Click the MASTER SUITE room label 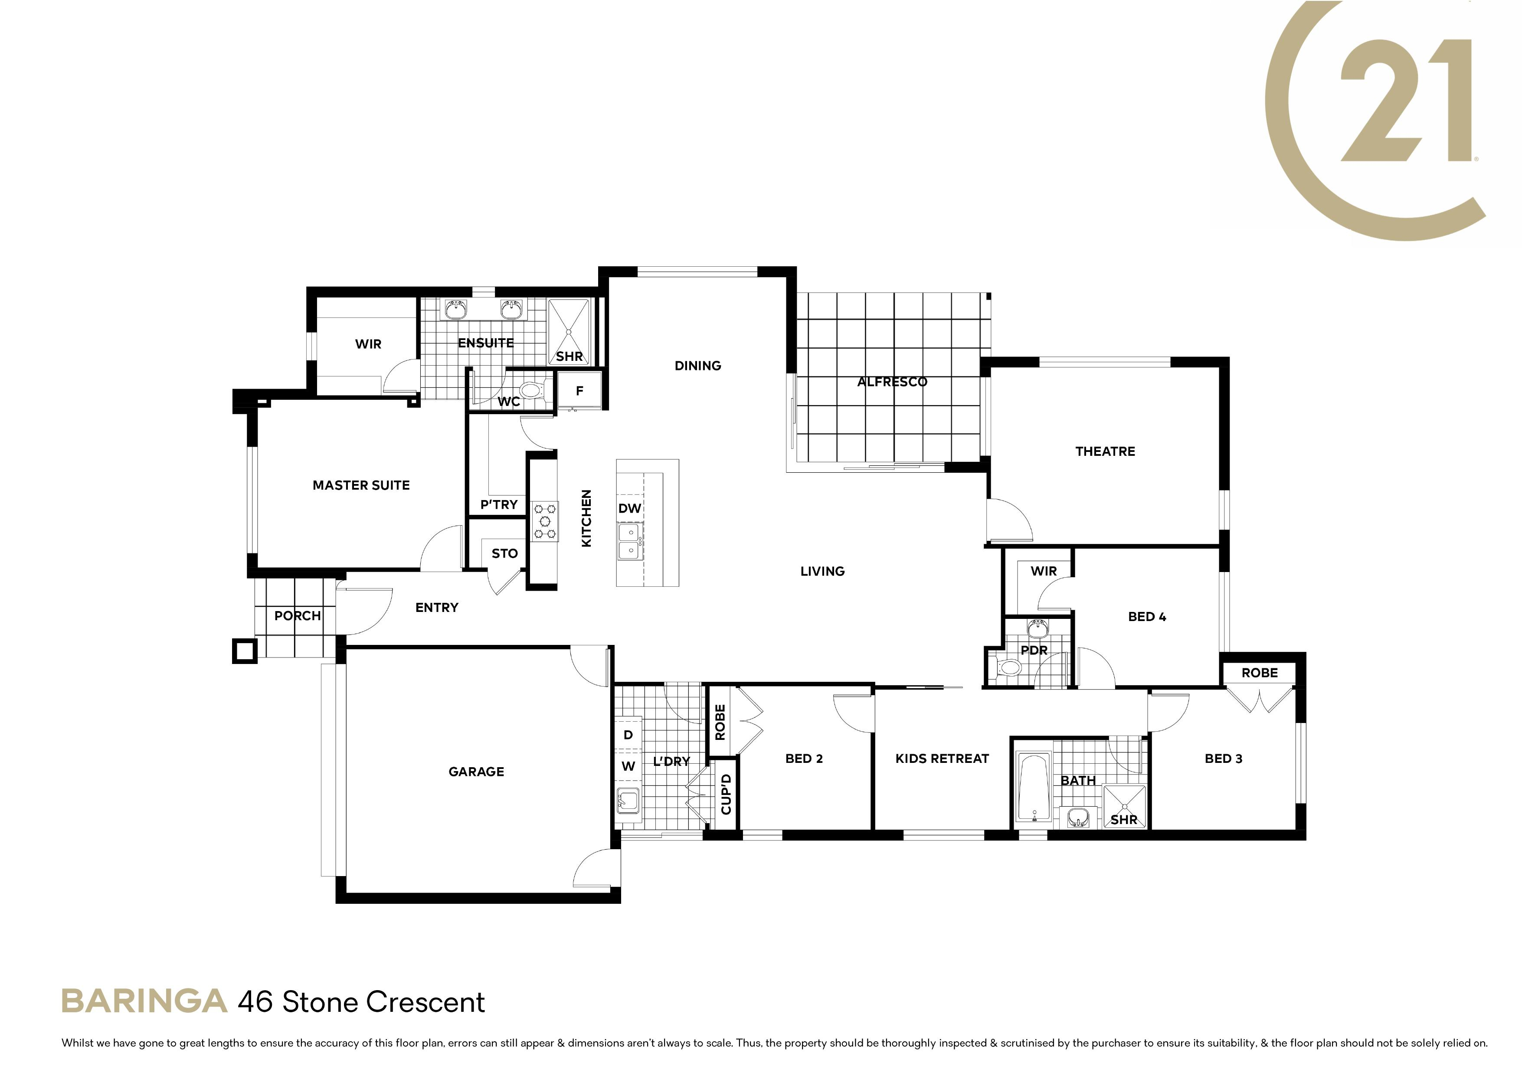[x=361, y=485]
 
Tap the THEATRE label [x=1105, y=451]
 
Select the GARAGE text [x=476, y=772]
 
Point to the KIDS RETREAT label [x=942, y=759]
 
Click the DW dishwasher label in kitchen [x=630, y=508]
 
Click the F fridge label [x=579, y=391]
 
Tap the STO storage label [x=504, y=553]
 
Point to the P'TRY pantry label [x=498, y=504]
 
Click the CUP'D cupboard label [x=726, y=794]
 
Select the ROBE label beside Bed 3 [x=1260, y=673]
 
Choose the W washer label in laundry [x=628, y=766]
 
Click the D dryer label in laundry [x=628, y=735]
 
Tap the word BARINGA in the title [x=144, y=1002]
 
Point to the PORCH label [x=298, y=616]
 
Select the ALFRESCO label [x=892, y=382]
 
